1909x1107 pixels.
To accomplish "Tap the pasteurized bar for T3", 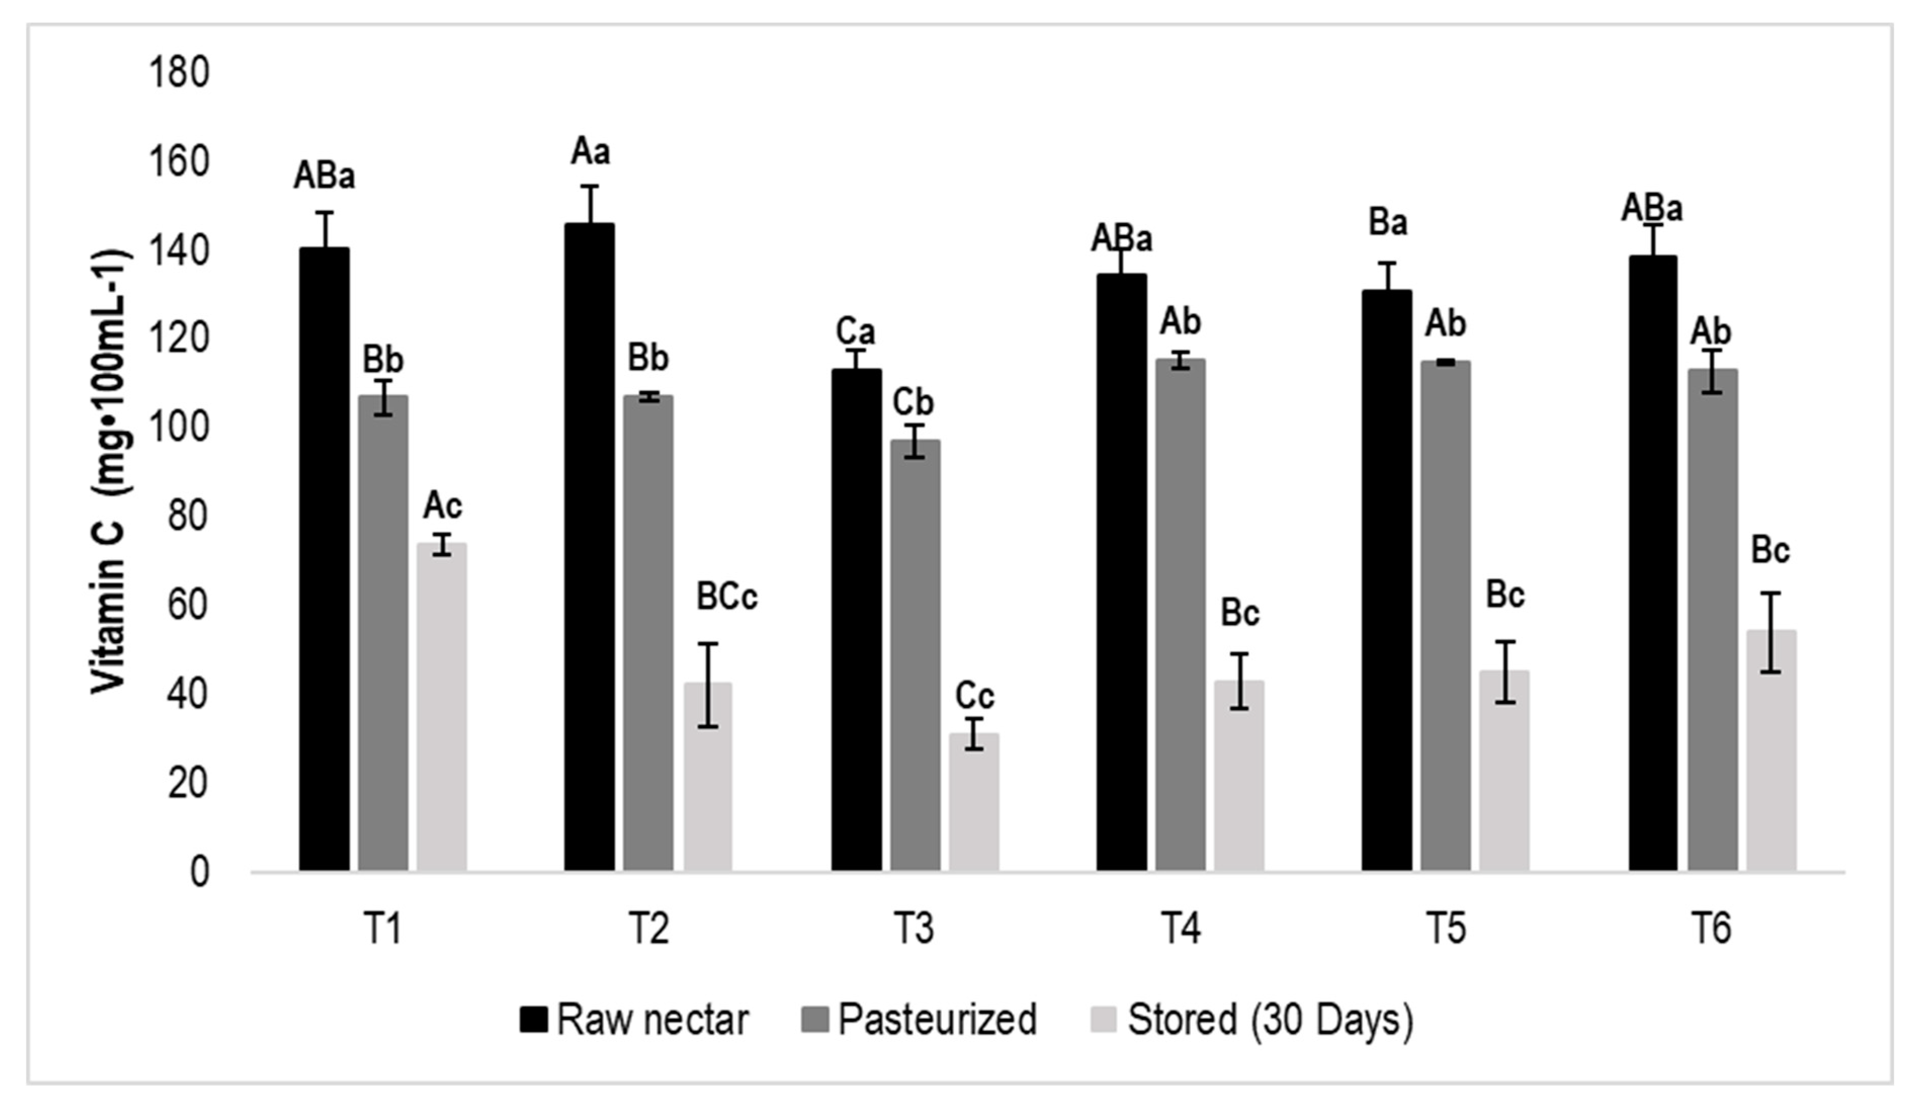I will point(915,655).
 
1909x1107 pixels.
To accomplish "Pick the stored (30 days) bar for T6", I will point(1771,750).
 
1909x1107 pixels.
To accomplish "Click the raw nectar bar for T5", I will point(1387,580).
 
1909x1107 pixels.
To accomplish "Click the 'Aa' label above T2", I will point(590,152).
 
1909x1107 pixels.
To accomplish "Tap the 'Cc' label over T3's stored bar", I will point(974,696).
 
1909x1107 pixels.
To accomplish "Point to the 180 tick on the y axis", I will point(179,74).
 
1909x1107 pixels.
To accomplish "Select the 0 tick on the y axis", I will point(198,872).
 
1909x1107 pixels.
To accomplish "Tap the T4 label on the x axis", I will point(1180,929).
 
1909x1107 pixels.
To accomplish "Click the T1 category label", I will point(382,929).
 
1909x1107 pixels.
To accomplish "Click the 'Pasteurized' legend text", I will point(937,1020).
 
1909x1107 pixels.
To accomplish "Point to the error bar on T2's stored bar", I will point(708,685).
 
